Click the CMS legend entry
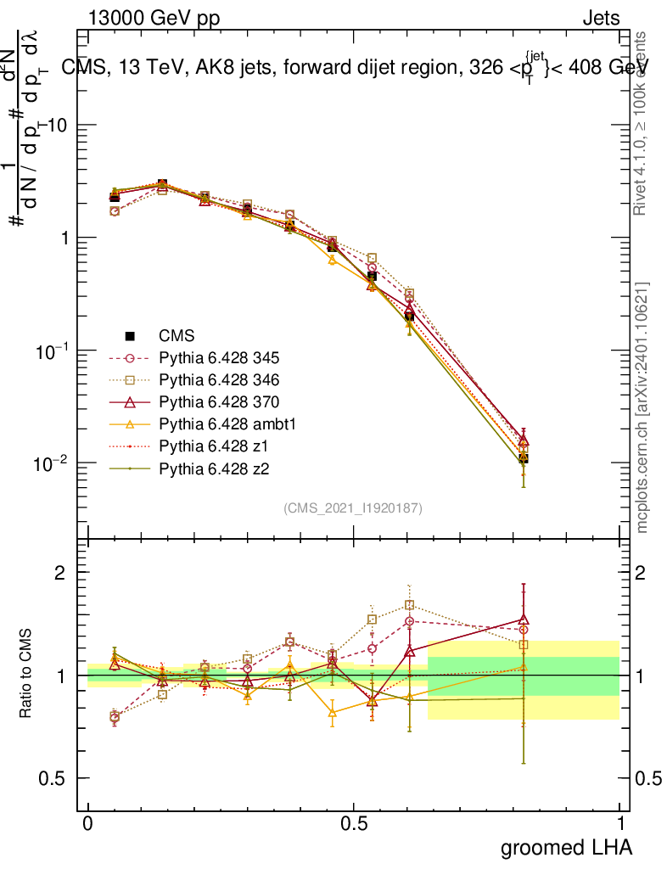tap(177, 335)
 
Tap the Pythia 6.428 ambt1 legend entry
tap(225, 423)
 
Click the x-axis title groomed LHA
tap(566, 846)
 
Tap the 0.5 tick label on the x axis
tap(354, 823)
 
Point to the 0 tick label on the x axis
tap(88, 823)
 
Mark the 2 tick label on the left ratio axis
tap(61, 572)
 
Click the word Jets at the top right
tap(600, 18)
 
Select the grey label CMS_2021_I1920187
tap(353, 507)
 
